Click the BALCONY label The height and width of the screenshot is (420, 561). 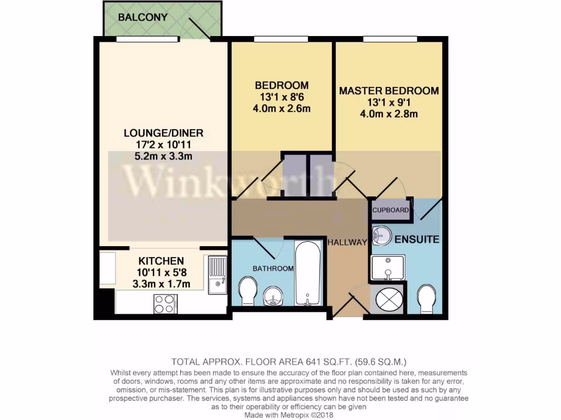pos(142,17)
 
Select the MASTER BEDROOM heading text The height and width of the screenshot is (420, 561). pos(389,91)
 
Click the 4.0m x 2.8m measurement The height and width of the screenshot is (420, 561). pos(389,114)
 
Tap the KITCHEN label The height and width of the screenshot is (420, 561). pos(161,261)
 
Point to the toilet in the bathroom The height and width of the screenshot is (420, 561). pos(248,290)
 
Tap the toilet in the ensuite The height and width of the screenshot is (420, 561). pos(426,298)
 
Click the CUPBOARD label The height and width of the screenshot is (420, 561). pos(390,211)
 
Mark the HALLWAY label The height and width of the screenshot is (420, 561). pos(346,242)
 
